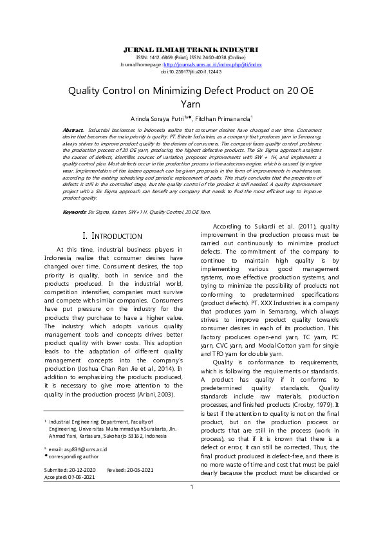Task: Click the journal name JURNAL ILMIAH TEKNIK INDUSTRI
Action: [191, 50]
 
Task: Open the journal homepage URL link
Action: [212, 65]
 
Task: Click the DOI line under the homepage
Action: [191, 71]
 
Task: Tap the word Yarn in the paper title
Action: [191, 103]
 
